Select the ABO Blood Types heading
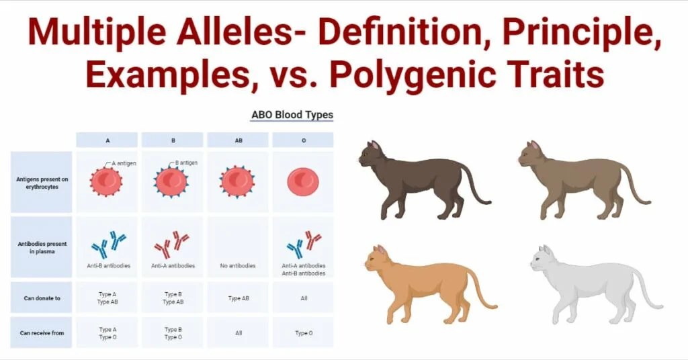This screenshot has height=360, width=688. point(292,115)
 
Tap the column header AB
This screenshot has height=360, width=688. point(238,140)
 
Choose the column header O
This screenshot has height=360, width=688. point(303,140)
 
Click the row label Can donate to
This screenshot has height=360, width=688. point(42,298)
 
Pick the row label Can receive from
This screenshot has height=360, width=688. point(42,332)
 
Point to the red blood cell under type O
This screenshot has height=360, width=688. point(303,182)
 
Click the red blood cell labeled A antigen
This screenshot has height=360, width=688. point(106,181)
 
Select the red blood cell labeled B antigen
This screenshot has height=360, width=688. point(171,181)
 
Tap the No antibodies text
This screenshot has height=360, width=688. point(238,266)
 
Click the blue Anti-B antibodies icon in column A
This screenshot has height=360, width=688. point(108,244)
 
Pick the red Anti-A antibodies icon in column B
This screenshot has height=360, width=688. point(171,244)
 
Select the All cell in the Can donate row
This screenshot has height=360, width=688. point(304,298)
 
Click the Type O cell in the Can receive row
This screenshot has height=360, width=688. point(304,332)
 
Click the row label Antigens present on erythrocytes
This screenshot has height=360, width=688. point(42,182)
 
